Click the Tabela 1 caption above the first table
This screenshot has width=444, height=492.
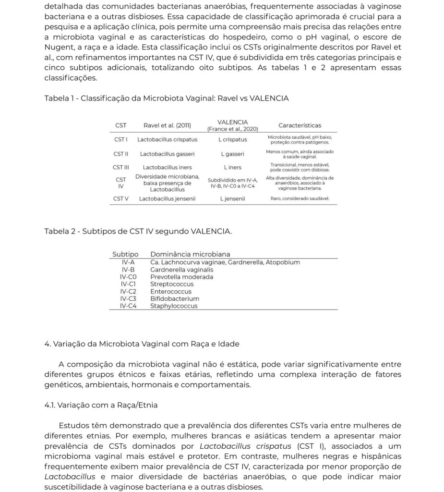[166, 98]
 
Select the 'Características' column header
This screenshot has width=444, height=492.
[300, 125]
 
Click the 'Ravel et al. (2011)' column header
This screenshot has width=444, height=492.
[167, 125]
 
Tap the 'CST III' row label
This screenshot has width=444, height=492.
[121, 167]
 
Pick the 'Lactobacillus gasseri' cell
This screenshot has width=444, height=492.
[167, 154]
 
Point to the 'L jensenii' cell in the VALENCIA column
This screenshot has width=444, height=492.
[232, 198]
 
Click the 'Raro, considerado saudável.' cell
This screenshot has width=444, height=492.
[300, 198]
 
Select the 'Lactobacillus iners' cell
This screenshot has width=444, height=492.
[167, 167]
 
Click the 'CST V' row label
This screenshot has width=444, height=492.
[121, 198]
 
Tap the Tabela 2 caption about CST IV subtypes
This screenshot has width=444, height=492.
[138, 231]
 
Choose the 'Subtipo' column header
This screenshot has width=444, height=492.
[125, 254]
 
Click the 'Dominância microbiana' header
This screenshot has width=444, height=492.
[190, 254]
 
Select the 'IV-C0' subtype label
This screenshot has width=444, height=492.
[128, 277]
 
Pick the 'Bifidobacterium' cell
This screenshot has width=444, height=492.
[175, 298]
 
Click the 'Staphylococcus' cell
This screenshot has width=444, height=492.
[174, 306]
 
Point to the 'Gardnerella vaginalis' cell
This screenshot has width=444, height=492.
[181, 270]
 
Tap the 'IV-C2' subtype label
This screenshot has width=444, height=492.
[128, 291]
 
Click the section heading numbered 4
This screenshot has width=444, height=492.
[142, 344]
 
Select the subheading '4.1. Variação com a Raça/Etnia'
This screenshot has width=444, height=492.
[101, 405]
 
